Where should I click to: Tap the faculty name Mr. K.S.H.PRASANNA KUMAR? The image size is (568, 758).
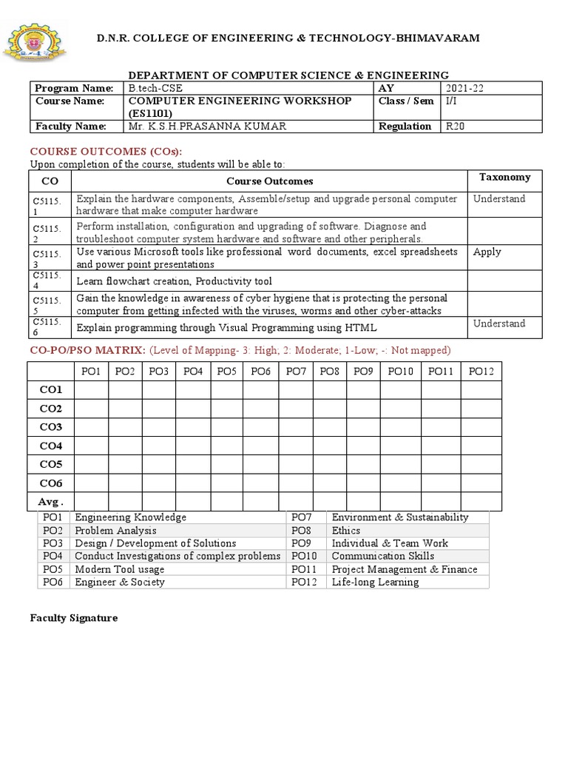pyautogui.click(x=196, y=126)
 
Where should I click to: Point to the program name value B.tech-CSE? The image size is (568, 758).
pyautogui.click(x=155, y=88)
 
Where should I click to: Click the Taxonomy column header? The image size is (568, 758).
pyautogui.click(x=504, y=177)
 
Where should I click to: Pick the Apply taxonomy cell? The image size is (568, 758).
pyautogui.click(x=487, y=252)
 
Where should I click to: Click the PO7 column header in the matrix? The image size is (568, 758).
pyautogui.click(x=296, y=371)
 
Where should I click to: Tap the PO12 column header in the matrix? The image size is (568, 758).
pyautogui.click(x=481, y=371)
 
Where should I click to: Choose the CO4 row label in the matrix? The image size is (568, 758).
pyautogui.click(x=51, y=446)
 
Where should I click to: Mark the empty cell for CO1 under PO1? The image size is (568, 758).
pyautogui.click(x=91, y=389)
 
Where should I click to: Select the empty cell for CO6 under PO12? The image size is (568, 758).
pyautogui.click(x=481, y=483)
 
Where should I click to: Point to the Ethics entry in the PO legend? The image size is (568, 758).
pyautogui.click(x=346, y=531)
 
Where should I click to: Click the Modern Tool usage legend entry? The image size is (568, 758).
pyautogui.click(x=120, y=569)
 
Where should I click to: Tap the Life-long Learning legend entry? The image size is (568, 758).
pyautogui.click(x=375, y=582)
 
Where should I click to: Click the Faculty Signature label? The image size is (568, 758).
pyautogui.click(x=73, y=617)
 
